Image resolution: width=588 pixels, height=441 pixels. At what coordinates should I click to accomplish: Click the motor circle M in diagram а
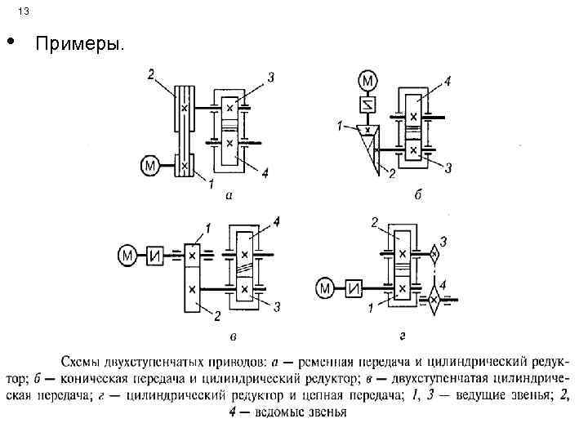point(151,167)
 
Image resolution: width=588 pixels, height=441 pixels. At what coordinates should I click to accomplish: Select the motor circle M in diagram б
point(368,81)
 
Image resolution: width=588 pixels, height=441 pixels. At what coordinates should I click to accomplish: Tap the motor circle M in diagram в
point(128,256)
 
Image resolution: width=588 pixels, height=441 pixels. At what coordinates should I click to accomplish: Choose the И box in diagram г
point(354,288)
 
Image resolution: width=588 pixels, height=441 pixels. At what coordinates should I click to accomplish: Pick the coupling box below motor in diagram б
point(368,105)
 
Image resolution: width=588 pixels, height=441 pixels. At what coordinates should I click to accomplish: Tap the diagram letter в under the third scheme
point(234,336)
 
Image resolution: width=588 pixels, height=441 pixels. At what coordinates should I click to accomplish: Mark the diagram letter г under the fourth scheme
point(403,335)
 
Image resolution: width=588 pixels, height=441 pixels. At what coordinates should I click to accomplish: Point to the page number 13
point(22,11)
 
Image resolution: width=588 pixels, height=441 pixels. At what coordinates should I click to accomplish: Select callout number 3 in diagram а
point(270,78)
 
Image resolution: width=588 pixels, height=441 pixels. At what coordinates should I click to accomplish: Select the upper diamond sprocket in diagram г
point(434,254)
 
